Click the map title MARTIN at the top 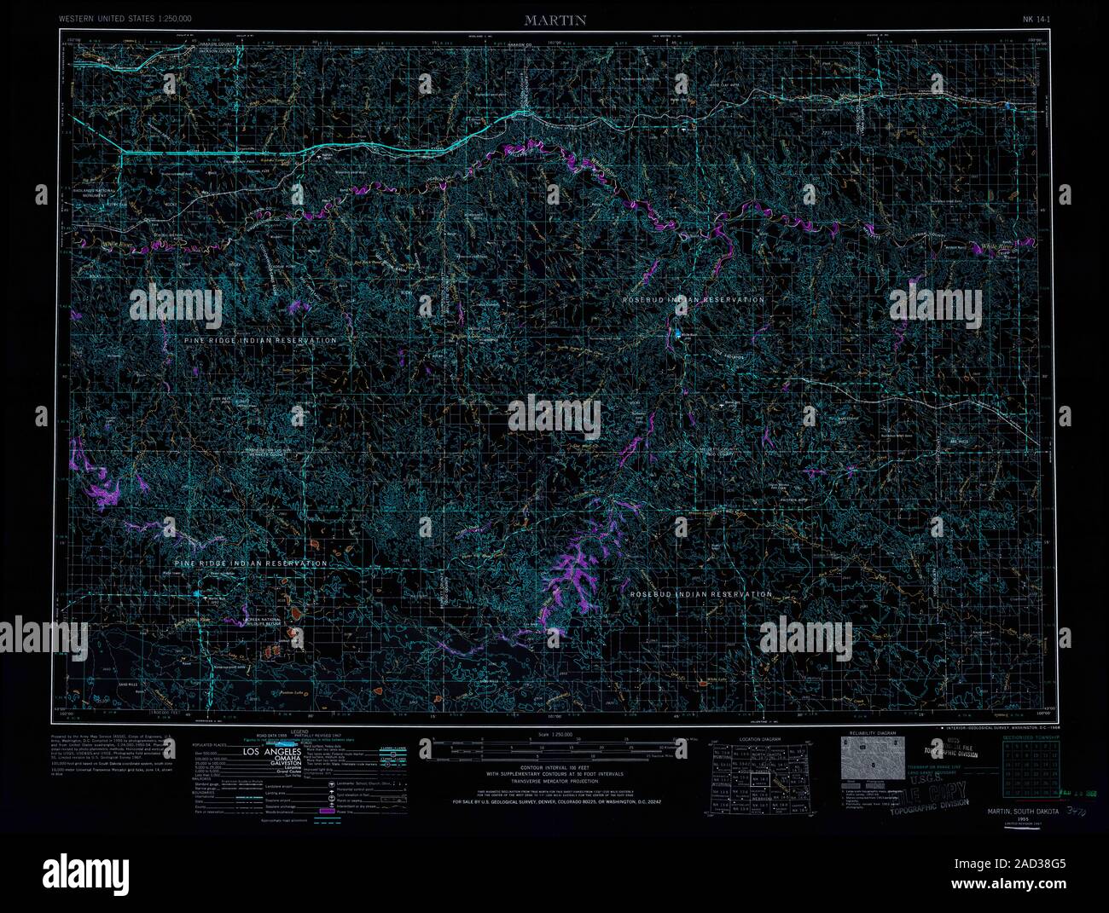[554, 20]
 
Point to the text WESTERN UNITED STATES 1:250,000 [125, 18]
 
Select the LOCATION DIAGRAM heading [762, 739]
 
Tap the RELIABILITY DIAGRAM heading [868, 733]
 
